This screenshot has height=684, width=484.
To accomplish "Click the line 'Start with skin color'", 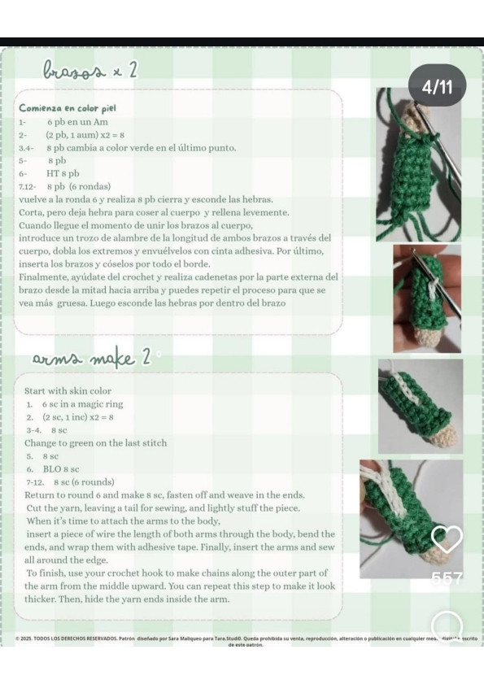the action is (68, 390).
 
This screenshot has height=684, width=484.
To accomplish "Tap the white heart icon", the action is (446, 539).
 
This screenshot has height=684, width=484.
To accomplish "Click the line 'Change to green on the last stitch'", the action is (96, 443).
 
